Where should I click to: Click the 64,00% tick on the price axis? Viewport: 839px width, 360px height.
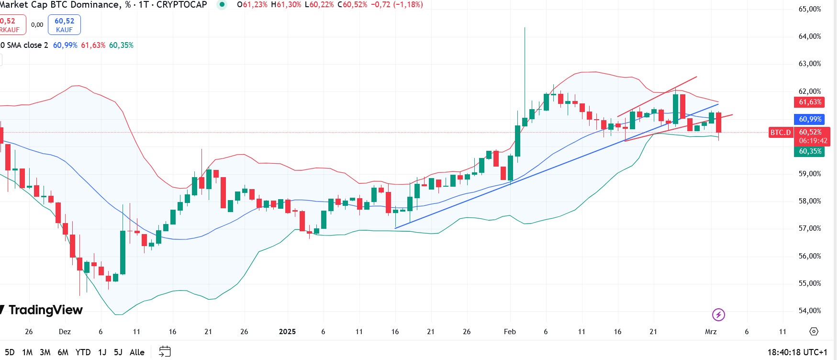pyautogui.click(x=809, y=36)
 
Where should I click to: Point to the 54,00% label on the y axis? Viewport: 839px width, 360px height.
pyautogui.click(x=809, y=311)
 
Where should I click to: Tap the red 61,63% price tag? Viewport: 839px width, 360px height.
pyautogui.click(x=810, y=102)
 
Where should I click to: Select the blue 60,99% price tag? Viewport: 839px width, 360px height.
pyautogui.click(x=810, y=119)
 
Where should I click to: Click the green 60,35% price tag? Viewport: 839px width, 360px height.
pyautogui.click(x=810, y=151)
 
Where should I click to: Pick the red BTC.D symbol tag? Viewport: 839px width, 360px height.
pyautogui.click(x=780, y=133)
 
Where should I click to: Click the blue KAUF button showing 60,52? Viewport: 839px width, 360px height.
pyautogui.click(x=64, y=25)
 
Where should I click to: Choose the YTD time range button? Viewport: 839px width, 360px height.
pyautogui.click(x=83, y=352)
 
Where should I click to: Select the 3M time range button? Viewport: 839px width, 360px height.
pyautogui.click(x=45, y=352)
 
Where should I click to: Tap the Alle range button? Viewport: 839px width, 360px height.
pyautogui.click(x=137, y=352)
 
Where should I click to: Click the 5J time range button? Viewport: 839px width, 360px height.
pyautogui.click(x=118, y=352)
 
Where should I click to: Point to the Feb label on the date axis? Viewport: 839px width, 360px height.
pyautogui.click(x=510, y=332)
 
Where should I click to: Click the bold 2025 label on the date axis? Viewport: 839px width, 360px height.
pyautogui.click(x=287, y=332)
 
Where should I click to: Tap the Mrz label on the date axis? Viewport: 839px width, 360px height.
pyautogui.click(x=711, y=332)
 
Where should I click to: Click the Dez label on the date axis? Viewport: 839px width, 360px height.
pyautogui.click(x=65, y=332)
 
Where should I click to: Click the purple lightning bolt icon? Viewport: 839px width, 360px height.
pyautogui.click(x=718, y=315)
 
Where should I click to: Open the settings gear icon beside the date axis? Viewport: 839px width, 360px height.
pyautogui.click(x=814, y=331)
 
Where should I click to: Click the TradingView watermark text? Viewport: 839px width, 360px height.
pyautogui.click(x=45, y=310)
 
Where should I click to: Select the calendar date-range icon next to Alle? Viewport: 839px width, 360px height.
pyautogui.click(x=165, y=352)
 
